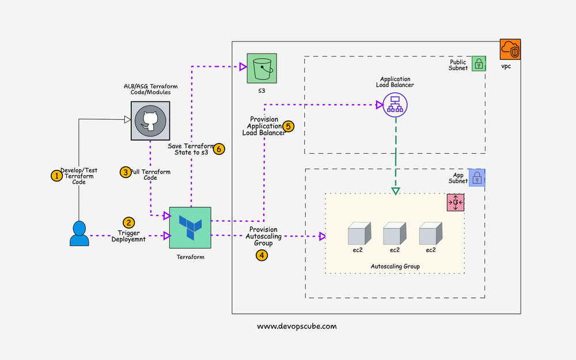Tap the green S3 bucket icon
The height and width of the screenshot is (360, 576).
tap(262, 68)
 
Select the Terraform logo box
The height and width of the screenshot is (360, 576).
tap(190, 228)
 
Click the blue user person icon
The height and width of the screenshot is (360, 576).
tap(79, 233)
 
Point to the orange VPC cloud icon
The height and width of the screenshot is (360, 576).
tap(510, 50)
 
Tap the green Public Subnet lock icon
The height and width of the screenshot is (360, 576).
tap(479, 63)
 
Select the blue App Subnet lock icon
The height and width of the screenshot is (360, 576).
tap(477, 177)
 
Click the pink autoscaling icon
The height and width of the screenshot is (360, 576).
tap(456, 203)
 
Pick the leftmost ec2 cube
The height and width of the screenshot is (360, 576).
tap(359, 234)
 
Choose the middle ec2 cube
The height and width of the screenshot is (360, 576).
tap(395, 234)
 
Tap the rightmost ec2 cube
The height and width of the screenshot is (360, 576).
tap(430, 234)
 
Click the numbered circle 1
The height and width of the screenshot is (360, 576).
tap(56, 176)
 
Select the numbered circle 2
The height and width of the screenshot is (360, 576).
tap(129, 222)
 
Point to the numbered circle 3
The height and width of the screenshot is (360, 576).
tap(126, 172)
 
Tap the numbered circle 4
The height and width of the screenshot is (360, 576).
tap(262, 255)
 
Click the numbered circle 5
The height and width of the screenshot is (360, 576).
tap(289, 126)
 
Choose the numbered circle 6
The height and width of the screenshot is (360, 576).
tap(219, 149)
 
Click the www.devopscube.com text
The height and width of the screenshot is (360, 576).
tap(297, 326)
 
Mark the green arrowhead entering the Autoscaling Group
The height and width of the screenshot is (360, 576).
tap(396, 191)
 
